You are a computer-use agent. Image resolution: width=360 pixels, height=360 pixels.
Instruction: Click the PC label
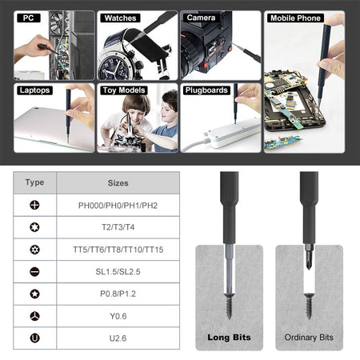[x=29, y=17]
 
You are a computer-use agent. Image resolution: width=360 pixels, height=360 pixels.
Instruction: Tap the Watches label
[x=119, y=17]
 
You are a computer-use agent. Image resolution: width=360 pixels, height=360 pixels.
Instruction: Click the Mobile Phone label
[x=295, y=18]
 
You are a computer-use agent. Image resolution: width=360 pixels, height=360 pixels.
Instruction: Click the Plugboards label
[x=206, y=90]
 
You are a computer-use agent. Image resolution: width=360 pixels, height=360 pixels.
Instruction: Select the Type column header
[x=34, y=182]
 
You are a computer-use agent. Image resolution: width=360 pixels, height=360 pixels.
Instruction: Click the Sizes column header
[x=118, y=183]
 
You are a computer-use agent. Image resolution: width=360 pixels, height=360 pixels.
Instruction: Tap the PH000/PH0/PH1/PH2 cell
[x=118, y=205]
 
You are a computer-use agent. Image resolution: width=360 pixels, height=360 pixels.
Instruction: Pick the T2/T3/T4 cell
[x=118, y=227]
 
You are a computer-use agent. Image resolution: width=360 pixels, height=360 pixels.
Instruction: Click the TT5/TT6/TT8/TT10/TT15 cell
[x=118, y=250]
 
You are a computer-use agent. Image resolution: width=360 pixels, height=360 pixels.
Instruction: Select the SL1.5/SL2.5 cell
[x=118, y=272]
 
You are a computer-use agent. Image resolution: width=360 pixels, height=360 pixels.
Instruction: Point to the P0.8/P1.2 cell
[x=118, y=294]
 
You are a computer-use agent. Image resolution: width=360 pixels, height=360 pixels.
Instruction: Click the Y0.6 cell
[x=118, y=316]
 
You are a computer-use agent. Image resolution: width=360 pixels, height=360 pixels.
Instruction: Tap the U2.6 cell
[x=118, y=338]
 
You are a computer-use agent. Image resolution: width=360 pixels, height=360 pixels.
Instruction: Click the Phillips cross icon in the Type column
[x=34, y=205]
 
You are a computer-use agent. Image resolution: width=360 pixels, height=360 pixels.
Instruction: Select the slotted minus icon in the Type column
[x=34, y=272]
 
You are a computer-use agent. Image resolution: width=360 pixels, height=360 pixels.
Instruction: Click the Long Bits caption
[x=229, y=337]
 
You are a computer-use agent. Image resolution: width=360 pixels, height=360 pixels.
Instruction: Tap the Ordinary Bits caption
[x=309, y=337]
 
